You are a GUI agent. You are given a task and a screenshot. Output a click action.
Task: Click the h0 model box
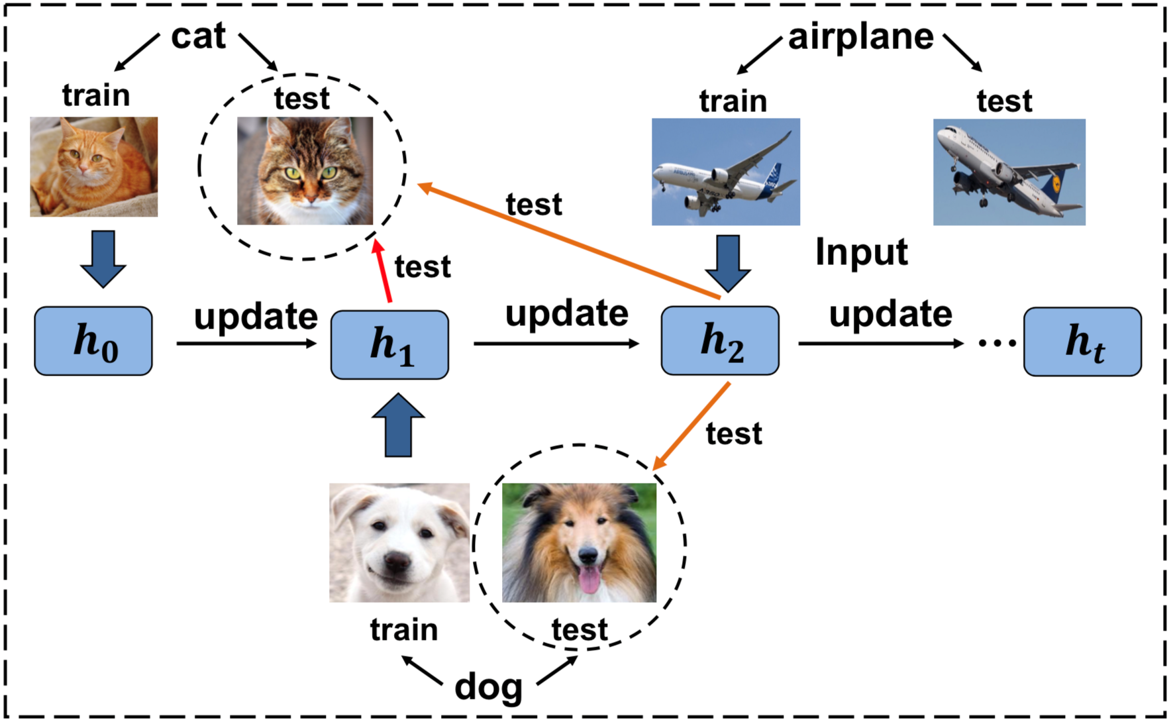(93, 341)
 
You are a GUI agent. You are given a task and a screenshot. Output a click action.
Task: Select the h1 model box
(389, 345)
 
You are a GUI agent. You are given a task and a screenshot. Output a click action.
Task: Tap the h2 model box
(720, 340)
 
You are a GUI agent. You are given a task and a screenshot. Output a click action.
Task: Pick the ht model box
(1082, 342)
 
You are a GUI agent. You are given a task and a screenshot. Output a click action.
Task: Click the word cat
(198, 36)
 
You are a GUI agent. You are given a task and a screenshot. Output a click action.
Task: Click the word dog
(488, 688)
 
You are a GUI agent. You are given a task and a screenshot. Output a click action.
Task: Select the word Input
(861, 252)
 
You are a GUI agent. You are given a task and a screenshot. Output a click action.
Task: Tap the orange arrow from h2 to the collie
(691, 426)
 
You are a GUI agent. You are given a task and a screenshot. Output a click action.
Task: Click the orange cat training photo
(94, 167)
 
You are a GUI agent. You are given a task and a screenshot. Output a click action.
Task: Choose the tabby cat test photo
(305, 171)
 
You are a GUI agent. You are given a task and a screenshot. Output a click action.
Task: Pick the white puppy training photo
(399, 542)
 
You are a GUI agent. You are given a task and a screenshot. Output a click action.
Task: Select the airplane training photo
(725, 172)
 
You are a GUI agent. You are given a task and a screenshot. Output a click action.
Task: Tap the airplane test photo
(1009, 172)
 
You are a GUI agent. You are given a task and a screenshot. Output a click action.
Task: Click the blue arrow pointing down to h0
(103, 258)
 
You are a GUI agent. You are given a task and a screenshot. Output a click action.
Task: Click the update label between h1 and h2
(566, 313)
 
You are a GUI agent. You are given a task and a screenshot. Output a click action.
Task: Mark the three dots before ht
(997, 343)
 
